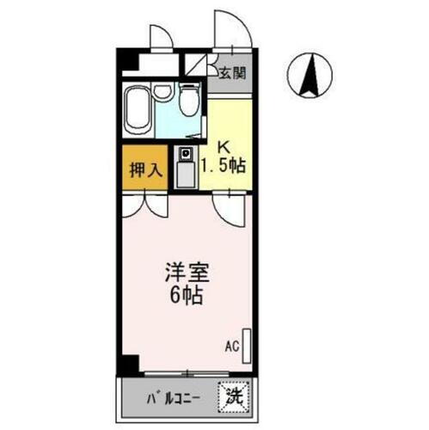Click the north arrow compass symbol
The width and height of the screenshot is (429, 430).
coord(311,76)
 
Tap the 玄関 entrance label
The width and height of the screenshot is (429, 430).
coord(231,73)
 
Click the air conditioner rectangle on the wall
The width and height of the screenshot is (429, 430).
coord(248,345)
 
